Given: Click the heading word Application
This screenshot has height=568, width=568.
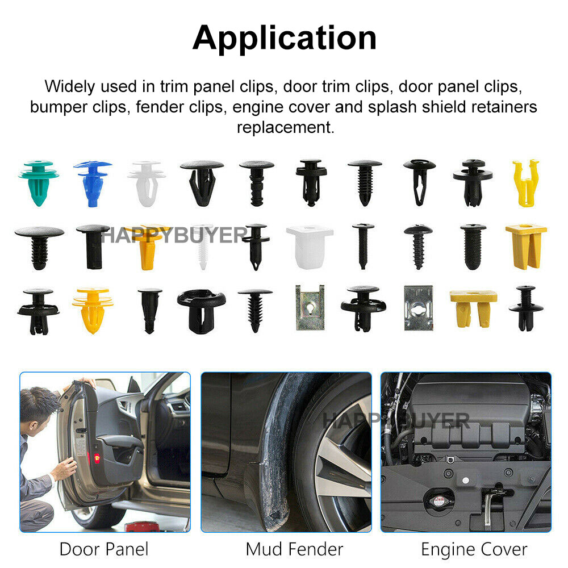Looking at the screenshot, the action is tap(285, 39).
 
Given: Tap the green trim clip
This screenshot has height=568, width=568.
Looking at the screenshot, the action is tap(39, 182).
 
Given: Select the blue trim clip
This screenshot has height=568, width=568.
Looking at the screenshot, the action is tap(93, 183).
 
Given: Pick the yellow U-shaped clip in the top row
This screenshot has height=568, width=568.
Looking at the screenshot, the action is tap(525, 183).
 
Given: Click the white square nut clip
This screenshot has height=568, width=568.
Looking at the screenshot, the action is tap(310, 247).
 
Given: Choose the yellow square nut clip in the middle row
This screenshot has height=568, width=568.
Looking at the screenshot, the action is tap(526, 246).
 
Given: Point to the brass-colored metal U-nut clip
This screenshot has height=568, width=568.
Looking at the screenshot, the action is tap(310, 307).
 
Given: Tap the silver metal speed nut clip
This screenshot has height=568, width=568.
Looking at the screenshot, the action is tap(419, 308).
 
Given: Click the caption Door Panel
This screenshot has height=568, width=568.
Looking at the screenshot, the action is tap(104, 549).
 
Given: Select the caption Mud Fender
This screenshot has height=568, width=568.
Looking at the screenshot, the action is tap(294, 549).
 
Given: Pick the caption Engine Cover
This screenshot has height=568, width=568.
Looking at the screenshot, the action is tap(474, 549).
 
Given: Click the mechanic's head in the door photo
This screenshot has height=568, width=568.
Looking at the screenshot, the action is tap(38, 407).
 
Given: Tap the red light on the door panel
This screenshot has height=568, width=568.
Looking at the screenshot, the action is tap(97, 458).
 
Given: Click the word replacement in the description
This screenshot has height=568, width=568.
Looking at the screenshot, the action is tap(286, 127).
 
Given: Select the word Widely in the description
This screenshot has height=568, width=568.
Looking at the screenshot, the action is tap(70, 86).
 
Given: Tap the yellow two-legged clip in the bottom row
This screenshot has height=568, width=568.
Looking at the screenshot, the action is tap(473, 308).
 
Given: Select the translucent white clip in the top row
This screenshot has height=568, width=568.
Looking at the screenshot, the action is tap(147, 183).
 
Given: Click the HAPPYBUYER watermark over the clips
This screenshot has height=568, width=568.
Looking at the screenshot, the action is tap(174, 236).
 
